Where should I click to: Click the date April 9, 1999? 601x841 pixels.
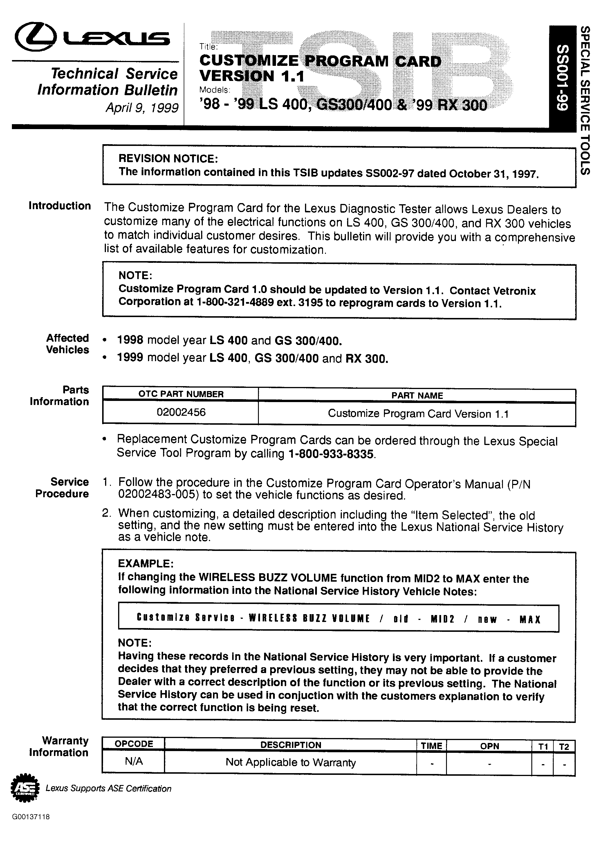[x=142, y=107]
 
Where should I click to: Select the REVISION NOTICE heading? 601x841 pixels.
[x=168, y=159]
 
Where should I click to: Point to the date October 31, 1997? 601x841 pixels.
[x=493, y=174]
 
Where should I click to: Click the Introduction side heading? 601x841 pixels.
[x=59, y=206]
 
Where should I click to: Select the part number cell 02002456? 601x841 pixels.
[x=181, y=412]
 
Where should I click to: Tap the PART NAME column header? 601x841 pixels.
[x=417, y=395]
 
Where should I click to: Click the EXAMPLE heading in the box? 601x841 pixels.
[x=145, y=563]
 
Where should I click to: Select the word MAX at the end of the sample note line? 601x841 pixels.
[x=530, y=620]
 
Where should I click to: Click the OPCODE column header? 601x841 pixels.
[x=133, y=744]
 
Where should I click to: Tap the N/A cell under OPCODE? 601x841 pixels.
[x=133, y=761]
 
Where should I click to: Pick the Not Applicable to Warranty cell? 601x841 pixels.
[x=290, y=762]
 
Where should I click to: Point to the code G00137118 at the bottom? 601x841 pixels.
[x=31, y=817]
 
